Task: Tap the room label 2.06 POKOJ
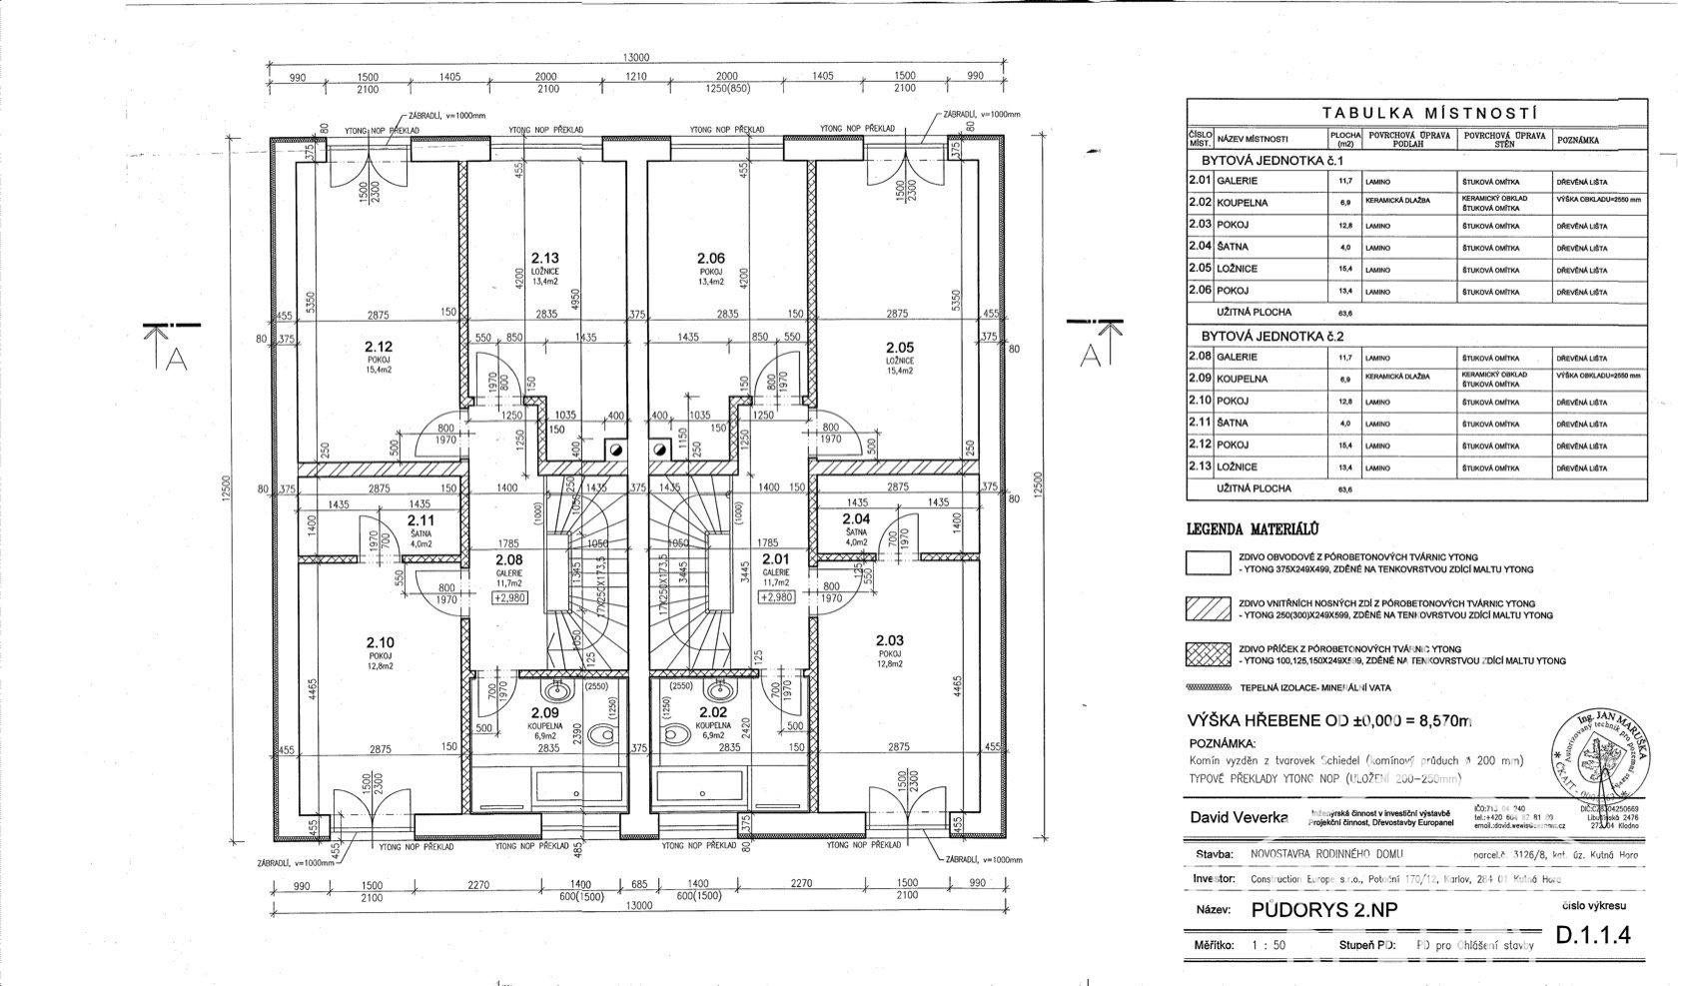(x=710, y=266)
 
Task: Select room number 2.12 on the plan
(x=380, y=347)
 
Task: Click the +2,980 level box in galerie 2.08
(x=509, y=597)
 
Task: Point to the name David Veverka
(x=1236, y=817)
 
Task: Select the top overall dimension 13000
(x=636, y=57)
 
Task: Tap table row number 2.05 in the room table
(x=1200, y=269)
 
